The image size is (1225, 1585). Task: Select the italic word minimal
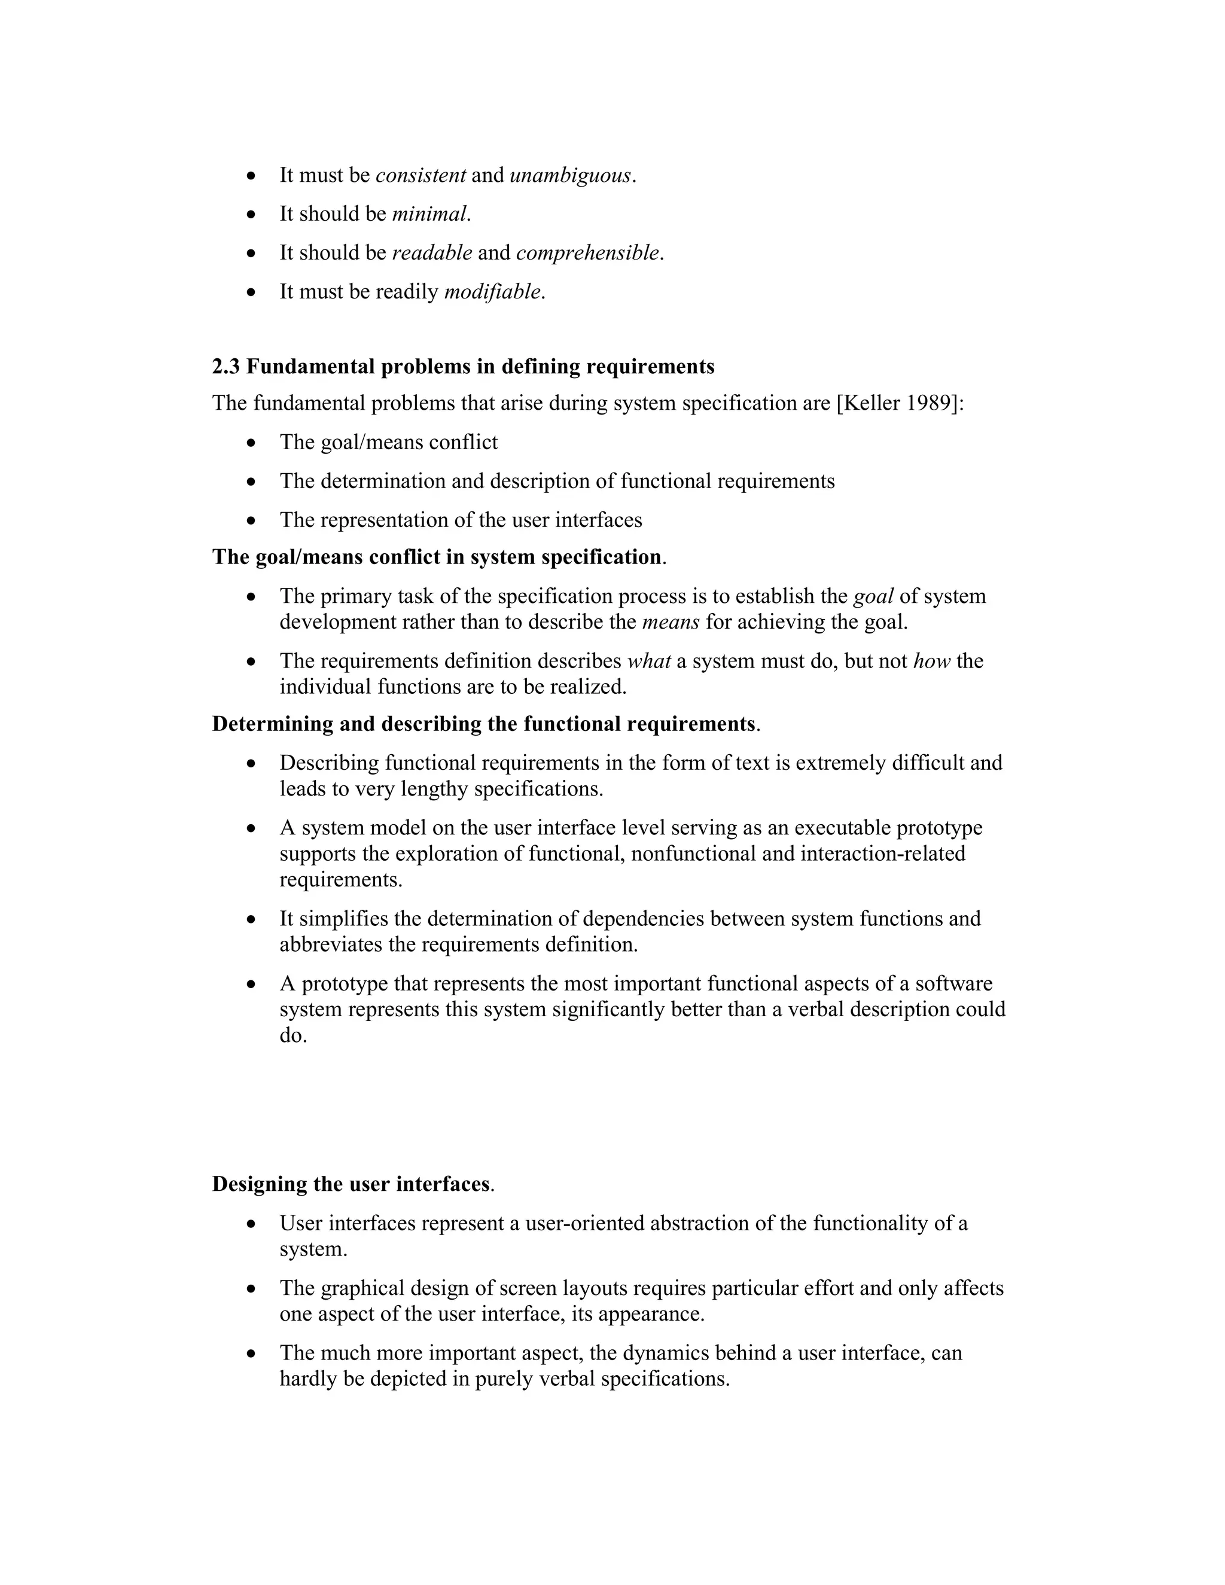[x=429, y=214]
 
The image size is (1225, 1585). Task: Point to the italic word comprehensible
[x=588, y=252]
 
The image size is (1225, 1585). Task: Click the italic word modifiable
[x=492, y=292]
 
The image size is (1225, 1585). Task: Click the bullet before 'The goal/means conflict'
[x=251, y=443]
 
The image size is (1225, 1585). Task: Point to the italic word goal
[x=873, y=596]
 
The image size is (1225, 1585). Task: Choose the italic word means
[x=671, y=622]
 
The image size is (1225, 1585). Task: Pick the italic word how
[x=931, y=661]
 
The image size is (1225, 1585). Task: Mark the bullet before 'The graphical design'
[x=251, y=1289]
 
